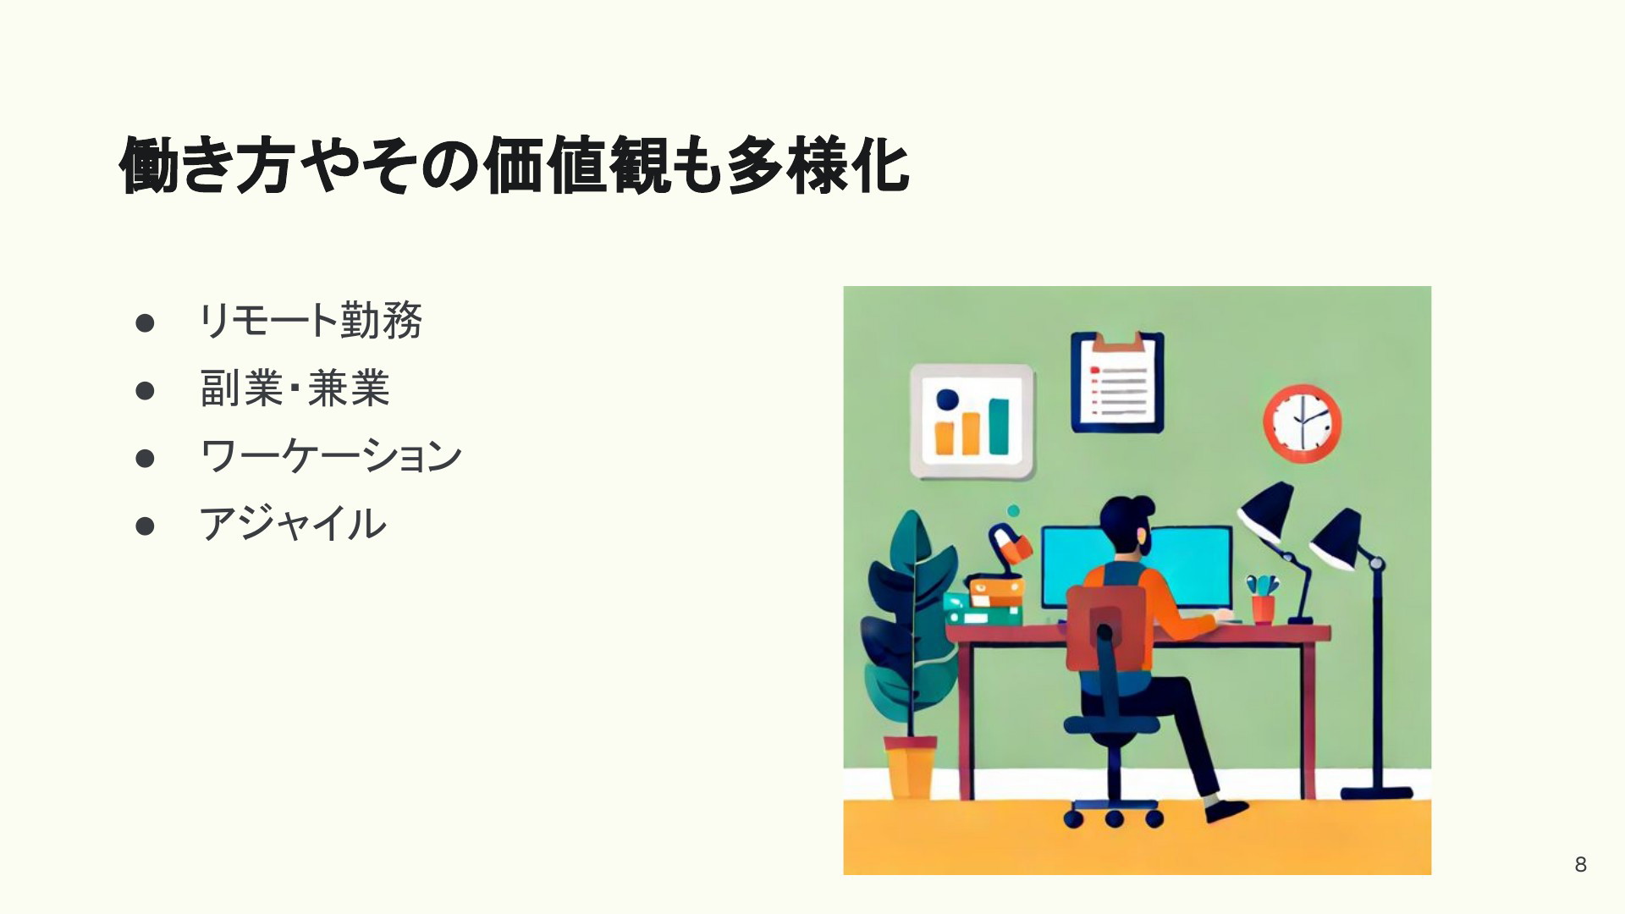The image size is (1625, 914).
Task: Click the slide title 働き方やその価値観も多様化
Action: click(x=515, y=165)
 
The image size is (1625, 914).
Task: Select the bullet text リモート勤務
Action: click(x=310, y=321)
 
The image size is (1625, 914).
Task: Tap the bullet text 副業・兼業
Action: click(x=295, y=388)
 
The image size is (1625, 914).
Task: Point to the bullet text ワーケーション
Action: click(x=330, y=456)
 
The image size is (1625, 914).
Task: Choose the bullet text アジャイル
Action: click(x=292, y=524)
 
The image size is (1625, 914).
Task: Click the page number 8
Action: click(x=1580, y=864)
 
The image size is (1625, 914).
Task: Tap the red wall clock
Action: click(x=1303, y=423)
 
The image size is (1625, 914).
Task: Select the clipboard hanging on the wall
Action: click(x=1116, y=381)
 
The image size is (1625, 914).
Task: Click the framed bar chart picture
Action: click(x=972, y=421)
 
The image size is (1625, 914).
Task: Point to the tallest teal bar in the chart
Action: click(x=999, y=427)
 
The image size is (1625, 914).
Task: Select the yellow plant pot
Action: click(x=910, y=768)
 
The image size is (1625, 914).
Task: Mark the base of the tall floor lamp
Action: click(x=1376, y=793)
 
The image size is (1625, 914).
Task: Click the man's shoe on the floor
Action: click(x=1226, y=810)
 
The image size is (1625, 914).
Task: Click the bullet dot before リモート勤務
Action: click(x=145, y=322)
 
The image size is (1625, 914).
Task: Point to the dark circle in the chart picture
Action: click(x=948, y=399)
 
